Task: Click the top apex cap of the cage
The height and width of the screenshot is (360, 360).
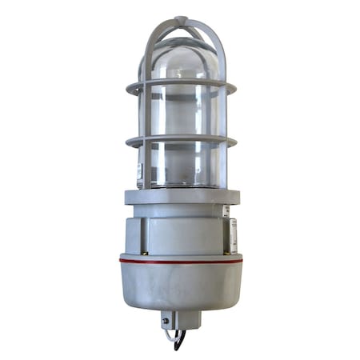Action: (x=180, y=19)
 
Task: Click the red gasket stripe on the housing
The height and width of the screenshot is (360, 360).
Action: (x=180, y=261)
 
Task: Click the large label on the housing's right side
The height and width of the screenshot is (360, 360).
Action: (x=233, y=237)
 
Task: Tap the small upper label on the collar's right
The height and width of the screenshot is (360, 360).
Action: (x=226, y=211)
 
